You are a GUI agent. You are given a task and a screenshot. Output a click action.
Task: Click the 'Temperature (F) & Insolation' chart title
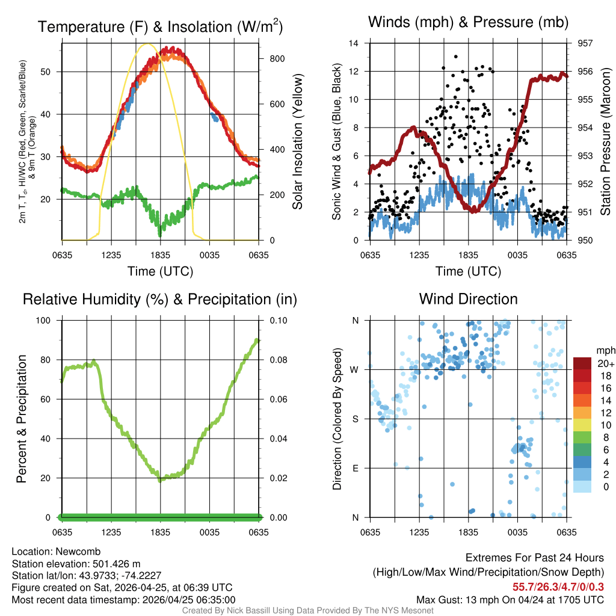(160, 27)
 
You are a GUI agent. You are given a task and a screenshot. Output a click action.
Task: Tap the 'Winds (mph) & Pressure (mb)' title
(469, 23)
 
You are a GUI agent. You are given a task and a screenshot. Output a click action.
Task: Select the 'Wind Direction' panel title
(469, 299)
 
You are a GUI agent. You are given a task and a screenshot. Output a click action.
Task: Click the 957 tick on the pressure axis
(585, 43)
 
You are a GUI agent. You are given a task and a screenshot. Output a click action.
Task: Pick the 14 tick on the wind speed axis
(354, 43)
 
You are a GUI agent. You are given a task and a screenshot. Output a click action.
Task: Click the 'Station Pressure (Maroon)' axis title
(606, 142)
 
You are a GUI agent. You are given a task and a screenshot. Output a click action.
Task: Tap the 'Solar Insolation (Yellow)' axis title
(297, 142)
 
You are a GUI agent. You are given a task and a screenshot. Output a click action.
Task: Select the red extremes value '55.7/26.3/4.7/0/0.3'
(558, 587)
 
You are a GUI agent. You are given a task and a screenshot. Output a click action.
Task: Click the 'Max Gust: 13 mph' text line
(510, 600)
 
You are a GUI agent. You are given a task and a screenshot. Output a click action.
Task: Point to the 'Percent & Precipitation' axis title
(21, 419)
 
